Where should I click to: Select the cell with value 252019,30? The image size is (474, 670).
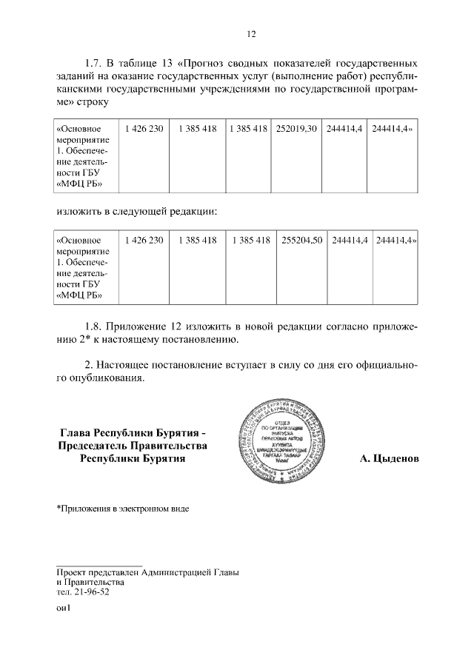[296, 129]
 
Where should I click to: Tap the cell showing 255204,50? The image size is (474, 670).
[301, 241]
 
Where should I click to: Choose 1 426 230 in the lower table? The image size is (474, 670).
[144, 241]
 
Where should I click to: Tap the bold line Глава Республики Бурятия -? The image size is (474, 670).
[133, 432]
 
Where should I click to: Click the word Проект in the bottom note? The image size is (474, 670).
[74, 572]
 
